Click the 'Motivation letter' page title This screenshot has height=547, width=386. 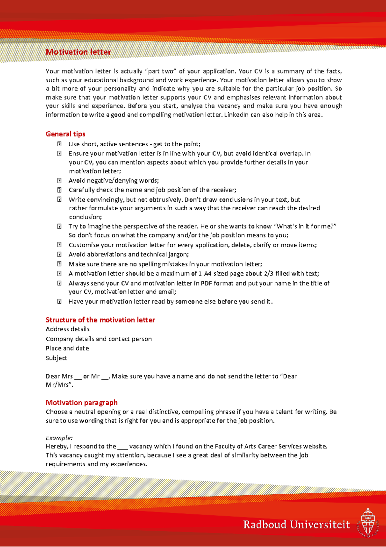78,52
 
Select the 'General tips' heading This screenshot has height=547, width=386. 66,134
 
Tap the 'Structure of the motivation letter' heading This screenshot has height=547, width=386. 100,320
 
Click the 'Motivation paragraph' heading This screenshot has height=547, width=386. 82,403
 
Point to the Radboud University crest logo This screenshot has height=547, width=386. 368,523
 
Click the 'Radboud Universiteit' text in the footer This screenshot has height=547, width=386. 296,524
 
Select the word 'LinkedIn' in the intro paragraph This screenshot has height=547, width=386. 236,115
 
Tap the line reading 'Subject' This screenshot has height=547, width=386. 56,358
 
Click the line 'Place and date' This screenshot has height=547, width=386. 67,348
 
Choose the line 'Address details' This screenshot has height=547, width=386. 68,329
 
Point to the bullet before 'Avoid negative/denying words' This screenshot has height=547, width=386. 60,181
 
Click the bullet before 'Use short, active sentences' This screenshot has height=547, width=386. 60,144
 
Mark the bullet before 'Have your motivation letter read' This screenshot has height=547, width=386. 60,302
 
